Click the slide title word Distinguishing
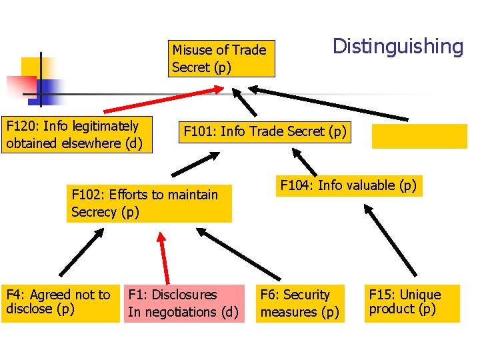tap(397, 47)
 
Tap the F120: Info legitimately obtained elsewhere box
tap(77, 135)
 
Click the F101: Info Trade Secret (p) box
tap(265, 132)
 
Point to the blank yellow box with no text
tap(419, 136)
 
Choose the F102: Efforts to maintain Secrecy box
tap(149, 203)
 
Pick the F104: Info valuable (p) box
tap(348, 185)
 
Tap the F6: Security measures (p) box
tap(300, 303)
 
